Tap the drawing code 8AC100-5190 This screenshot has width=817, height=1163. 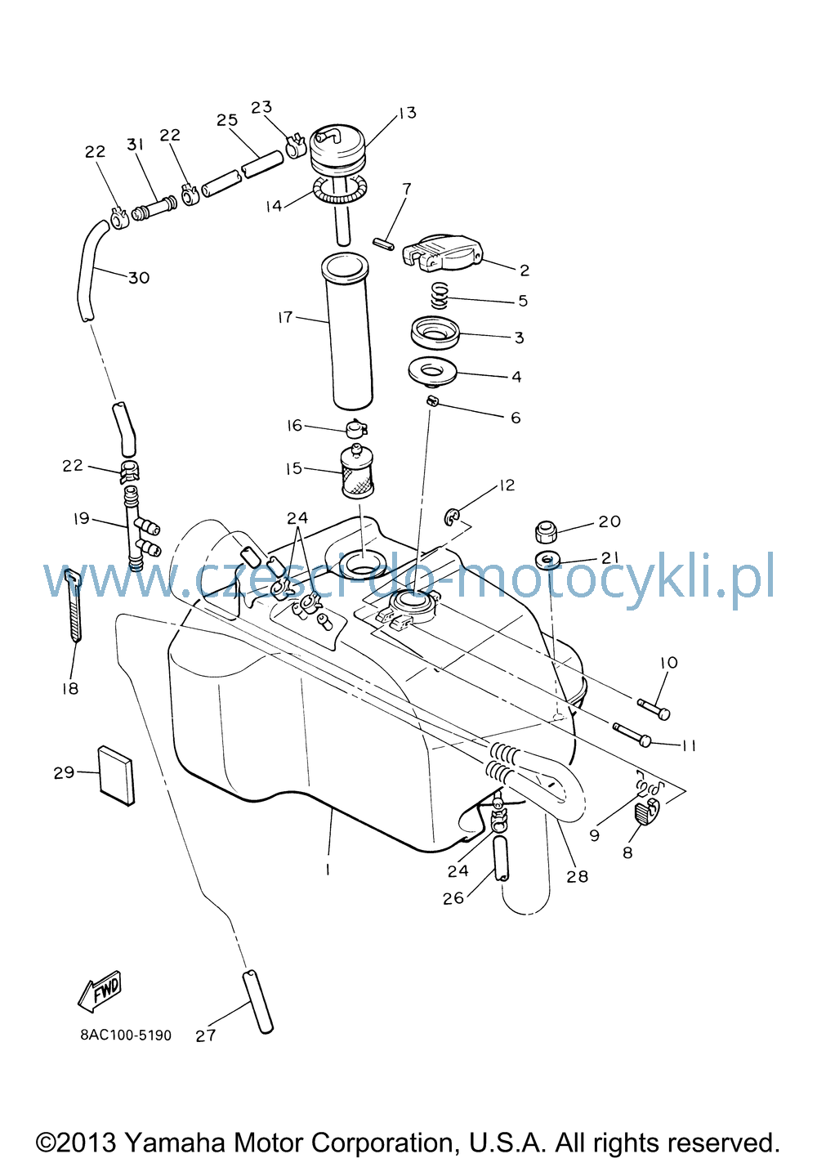tap(126, 1036)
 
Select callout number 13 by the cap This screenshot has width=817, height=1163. tap(408, 113)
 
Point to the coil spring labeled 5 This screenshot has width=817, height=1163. tap(440, 296)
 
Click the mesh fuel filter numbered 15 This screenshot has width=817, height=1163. tap(356, 472)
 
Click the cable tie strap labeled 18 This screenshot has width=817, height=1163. tap(74, 606)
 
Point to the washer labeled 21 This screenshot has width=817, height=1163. tap(548, 561)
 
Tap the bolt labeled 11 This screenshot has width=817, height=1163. tap(632, 735)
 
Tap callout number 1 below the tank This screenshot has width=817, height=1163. tap(328, 869)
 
